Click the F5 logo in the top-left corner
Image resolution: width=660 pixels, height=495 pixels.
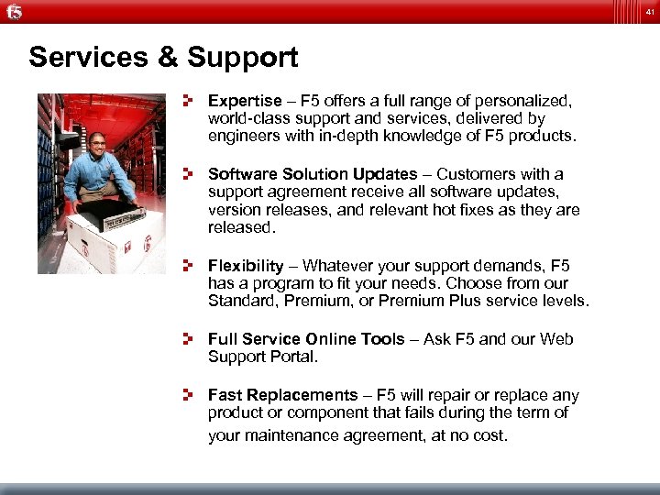[x=13, y=11]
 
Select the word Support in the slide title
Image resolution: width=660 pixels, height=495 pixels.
[x=243, y=58]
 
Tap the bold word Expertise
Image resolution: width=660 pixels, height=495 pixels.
[x=245, y=101]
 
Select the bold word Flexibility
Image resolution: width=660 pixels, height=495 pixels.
[x=246, y=266]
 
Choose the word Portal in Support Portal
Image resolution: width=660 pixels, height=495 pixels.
[x=291, y=357]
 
